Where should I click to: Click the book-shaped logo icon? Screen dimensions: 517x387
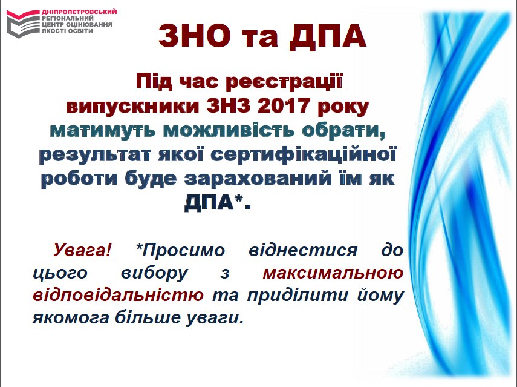coord(23,23)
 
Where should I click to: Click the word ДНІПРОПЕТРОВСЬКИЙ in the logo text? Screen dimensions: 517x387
coord(79,12)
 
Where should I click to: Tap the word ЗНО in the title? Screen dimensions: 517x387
coord(195,36)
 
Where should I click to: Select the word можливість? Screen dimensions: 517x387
coord(229,130)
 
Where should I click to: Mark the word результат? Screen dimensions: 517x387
coord(96,155)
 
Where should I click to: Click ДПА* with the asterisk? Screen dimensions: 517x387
coord(218,202)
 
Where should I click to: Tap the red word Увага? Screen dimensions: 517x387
coord(82,250)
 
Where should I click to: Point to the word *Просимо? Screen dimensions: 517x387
coord(180,250)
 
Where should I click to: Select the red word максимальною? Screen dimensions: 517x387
coord(333,273)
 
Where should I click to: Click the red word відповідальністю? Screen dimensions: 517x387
coord(118,296)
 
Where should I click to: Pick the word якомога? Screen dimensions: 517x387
coord(71,318)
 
